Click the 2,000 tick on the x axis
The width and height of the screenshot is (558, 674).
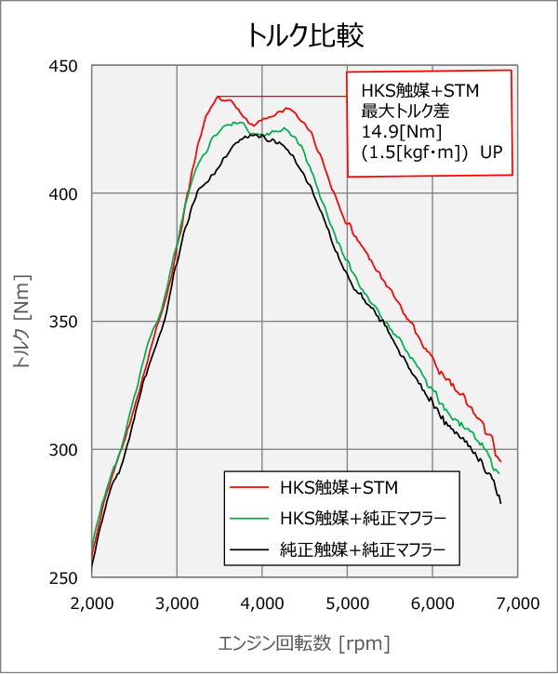pyautogui.click(x=91, y=602)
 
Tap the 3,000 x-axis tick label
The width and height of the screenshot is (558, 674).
pyautogui.click(x=177, y=602)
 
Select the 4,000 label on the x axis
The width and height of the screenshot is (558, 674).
pyautogui.click(x=261, y=602)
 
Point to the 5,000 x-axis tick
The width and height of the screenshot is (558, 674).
pyautogui.click(x=347, y=602)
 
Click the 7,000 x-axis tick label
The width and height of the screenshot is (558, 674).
pyautogui.click(x=517, y=602)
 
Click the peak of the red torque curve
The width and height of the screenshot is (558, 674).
pyautogui.click(x=219, y=97)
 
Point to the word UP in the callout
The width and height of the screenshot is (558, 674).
pyautogui.click(x=490, y=151)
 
